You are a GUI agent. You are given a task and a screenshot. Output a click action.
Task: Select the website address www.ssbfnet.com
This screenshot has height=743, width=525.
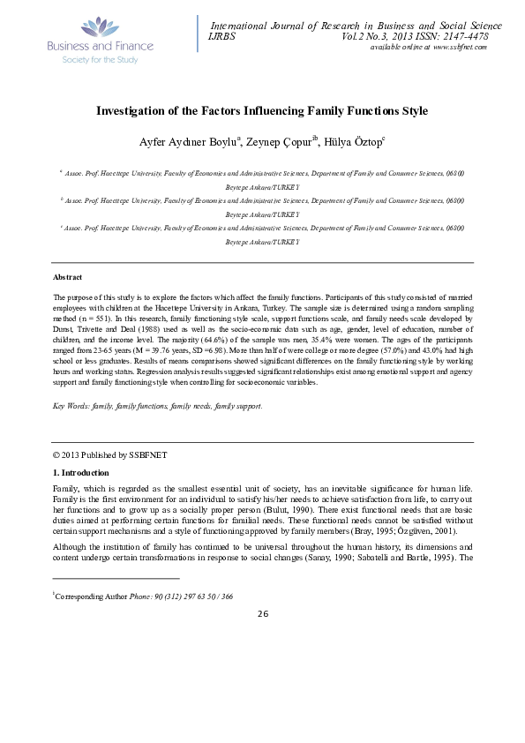click(456, 47)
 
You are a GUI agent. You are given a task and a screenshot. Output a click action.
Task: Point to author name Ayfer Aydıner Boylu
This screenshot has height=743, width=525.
click(184, 143)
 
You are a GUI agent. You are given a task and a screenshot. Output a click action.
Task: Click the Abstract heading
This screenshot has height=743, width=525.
click(69, 277)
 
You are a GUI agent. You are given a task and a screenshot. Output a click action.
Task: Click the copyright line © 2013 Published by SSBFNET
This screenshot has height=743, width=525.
click(109, 455)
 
